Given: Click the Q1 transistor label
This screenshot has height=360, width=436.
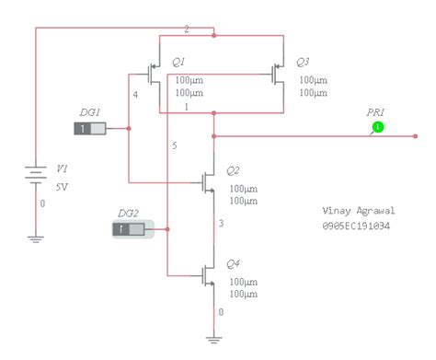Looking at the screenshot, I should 179,62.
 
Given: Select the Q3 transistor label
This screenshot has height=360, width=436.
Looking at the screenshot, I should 303,62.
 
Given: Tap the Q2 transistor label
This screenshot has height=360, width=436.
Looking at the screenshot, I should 233,171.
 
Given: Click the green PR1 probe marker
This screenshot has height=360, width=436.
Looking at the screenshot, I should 377,126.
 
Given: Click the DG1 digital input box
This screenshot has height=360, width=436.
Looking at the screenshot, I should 90,128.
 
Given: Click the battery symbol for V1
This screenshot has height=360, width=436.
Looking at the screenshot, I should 36,173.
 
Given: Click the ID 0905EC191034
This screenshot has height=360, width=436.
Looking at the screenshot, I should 356,226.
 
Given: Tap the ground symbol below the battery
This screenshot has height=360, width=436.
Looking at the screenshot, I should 36,238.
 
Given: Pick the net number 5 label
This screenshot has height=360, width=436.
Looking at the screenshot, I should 174,145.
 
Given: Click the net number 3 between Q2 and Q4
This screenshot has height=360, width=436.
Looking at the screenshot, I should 221,223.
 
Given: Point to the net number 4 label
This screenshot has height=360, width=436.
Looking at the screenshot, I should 135,94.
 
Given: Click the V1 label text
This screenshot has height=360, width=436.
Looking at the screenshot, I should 63,169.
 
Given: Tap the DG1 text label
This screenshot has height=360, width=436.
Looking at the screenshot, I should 89,111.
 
